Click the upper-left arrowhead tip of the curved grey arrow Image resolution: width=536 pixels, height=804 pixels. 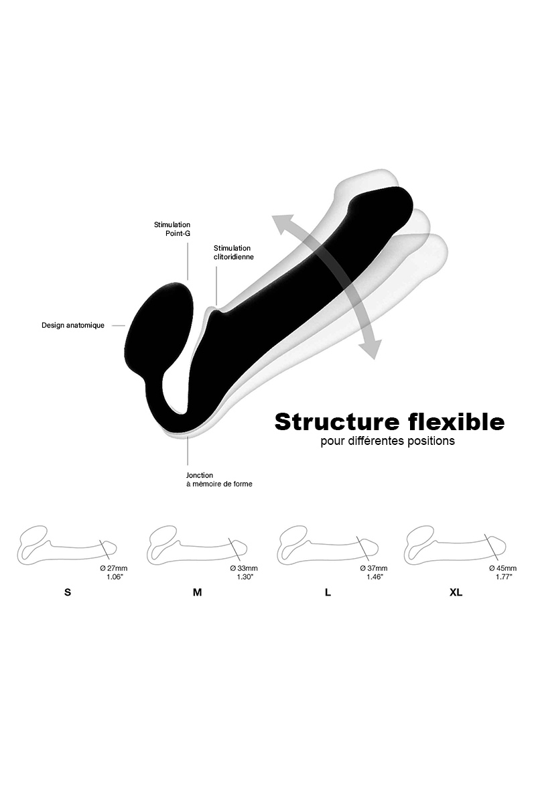[272, 216]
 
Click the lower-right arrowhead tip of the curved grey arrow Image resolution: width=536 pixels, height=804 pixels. [374, 359]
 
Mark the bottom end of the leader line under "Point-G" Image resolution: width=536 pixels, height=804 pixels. [188, 279]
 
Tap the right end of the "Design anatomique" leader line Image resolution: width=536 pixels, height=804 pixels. [125, 326]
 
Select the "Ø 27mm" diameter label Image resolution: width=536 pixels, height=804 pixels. [114, 568]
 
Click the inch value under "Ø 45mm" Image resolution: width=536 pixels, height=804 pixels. [504, 577]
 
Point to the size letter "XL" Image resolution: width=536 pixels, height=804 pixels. [456, 592]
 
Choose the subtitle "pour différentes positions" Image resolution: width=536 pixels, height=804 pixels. [388, 441]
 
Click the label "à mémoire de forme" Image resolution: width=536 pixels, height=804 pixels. [219, 484]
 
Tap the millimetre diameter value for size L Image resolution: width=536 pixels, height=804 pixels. [374, 568]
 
